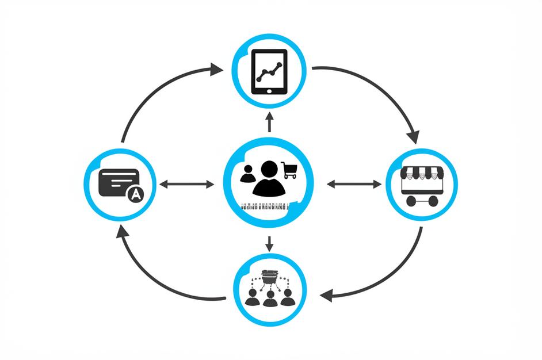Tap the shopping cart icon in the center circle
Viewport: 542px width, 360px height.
coord(289,170)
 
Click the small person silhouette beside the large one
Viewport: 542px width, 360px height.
coord(248,174)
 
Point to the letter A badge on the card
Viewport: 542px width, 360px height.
coord(135,195)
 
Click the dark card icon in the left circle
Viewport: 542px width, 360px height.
coord(118,182)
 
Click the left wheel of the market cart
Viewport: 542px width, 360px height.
coord(410,201)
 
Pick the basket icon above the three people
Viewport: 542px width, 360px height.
coord(269,277)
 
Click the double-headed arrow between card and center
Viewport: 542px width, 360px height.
coord(186,185)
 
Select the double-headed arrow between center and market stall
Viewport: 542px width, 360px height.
coord(353,184)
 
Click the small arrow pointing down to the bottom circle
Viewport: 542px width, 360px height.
coord(269,244)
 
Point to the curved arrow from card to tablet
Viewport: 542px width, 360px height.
coord(155,92)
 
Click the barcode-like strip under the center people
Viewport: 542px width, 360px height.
coord(265,207)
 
